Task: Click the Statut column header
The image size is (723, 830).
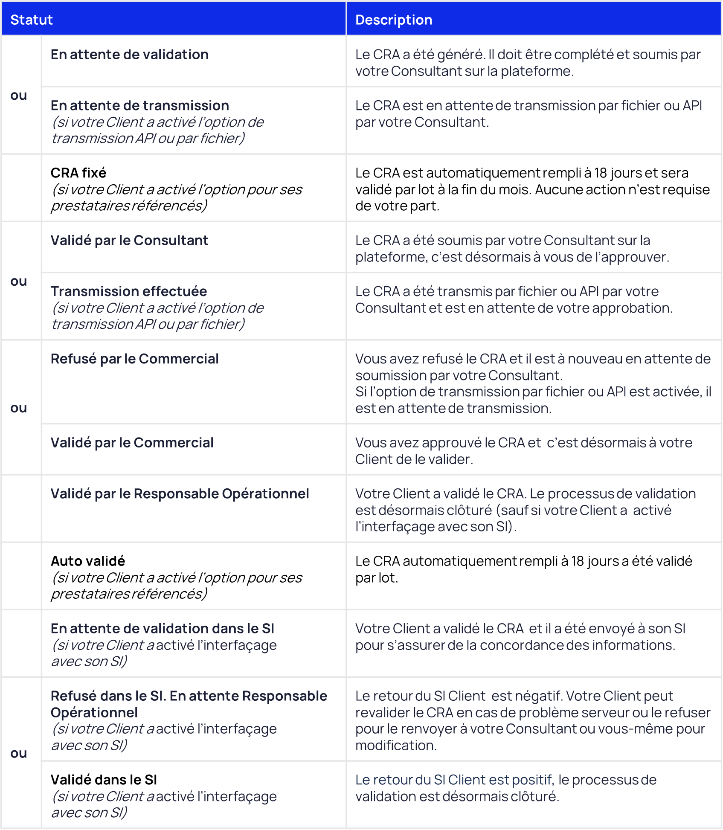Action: [x=32, y=20]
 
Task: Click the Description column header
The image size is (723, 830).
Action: [x=394, y=20]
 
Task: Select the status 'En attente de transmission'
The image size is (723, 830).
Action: [x=139, y=105]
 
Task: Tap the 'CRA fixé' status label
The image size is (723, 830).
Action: [x=78, y=173]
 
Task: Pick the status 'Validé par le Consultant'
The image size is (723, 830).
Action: [x=129, y=240]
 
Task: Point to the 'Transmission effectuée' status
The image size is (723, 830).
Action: [x=128, y=291]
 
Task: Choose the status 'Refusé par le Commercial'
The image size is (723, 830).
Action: [x=134, y=359]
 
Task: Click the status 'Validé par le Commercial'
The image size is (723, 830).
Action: [x=132, y=443]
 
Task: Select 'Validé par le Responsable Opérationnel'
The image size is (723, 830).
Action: [x=180, y=493]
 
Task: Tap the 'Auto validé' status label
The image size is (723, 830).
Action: [x=88, y=561]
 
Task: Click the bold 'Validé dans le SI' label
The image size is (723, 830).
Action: [x=104, y=780]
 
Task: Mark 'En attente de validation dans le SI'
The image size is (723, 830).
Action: [x=162, y=628]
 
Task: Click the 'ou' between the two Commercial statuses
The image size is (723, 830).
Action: [x=19, y=408]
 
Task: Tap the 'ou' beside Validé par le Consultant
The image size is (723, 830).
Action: [x=19, y=281]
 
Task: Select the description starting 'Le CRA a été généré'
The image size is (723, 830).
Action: [x=528, y=63]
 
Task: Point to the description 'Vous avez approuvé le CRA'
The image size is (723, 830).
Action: [x=523, y=451]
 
